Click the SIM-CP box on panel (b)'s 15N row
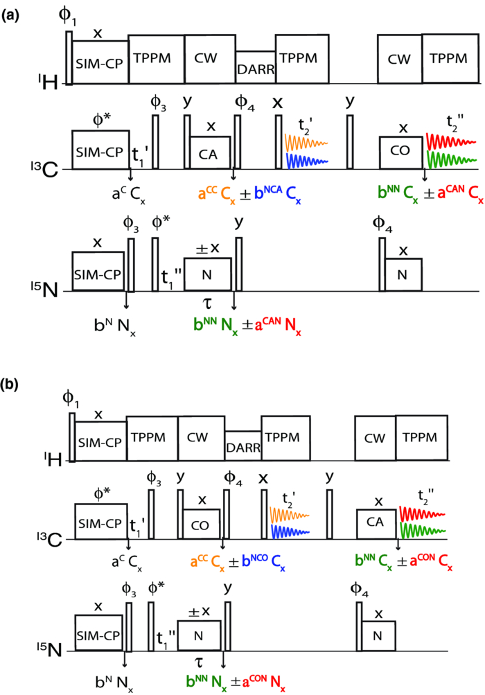99,631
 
